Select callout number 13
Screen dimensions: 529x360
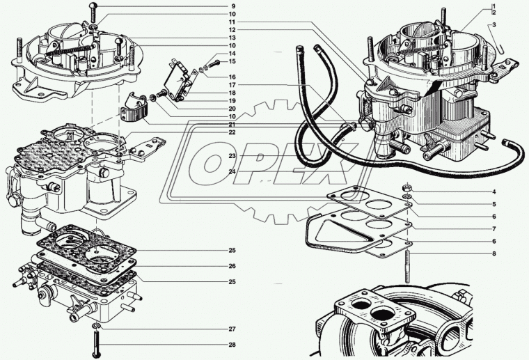(x=232, y=38)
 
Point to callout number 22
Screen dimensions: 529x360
(x=232, y=132)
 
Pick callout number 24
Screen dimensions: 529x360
(x=232, y=171)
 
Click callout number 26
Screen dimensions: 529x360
(x=232, y=266)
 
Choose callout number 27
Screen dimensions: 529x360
(x=232, y=329)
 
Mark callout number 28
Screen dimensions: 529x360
(x=232, y=345)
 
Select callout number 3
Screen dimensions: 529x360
(x=494, y=25)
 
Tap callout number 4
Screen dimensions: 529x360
(x=494, y=191)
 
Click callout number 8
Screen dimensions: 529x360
(x=494, y=253)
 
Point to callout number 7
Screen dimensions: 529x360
(x=494, y=228)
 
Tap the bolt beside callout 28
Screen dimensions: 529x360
(x=95, y=343)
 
